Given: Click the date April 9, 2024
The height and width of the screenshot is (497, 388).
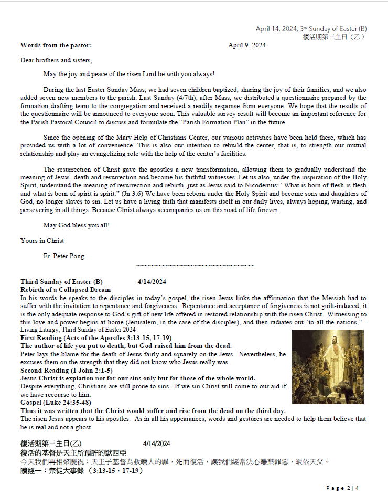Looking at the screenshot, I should pyautogui.click(x=246, y=45).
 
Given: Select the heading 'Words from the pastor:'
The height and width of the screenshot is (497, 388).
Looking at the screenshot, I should pyautogui.click(x=56, y=45).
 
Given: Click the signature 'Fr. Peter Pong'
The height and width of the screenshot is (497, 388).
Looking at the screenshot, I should pyautogui.click(x=63, y=256).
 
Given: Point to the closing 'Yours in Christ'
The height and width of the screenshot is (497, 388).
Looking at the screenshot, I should pyautogui.click(x=42, y=241).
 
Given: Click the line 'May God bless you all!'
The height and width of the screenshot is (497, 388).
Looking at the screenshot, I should pyautogui.click(x=77, y=226).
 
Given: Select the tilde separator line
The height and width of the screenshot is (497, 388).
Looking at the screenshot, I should pyautogui.click(x=195, y=265).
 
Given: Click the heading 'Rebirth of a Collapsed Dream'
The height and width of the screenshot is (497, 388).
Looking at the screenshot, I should pyautogui.click(x=66, y=290).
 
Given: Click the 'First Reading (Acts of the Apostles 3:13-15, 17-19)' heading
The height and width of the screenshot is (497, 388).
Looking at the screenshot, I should pyautogui.click(x=96, y=338).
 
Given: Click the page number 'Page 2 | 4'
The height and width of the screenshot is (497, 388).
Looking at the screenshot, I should pyautogui.click(x=343, y=488).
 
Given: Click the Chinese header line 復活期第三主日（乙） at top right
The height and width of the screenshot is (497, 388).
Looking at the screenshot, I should pyautogui.click(x=334, y=37).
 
